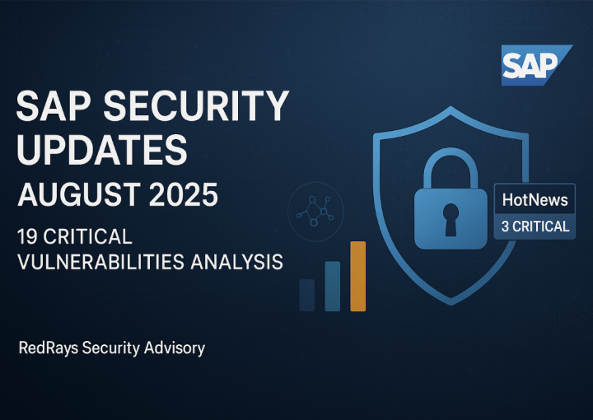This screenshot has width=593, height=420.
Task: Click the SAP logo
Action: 536,65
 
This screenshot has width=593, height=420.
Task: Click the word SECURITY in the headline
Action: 196,105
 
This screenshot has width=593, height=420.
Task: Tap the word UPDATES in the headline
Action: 102,150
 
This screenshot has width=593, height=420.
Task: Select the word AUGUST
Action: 79,194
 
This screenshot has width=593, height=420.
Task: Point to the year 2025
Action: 183,194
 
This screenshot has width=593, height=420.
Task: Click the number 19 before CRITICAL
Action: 27,236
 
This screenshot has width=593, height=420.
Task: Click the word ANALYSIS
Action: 236,262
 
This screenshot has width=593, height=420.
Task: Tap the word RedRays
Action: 49,348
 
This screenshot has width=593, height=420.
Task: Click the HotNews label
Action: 535,200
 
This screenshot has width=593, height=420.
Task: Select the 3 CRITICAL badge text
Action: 535,226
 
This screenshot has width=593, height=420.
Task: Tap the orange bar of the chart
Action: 357,277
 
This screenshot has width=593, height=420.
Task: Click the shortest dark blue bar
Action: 306,296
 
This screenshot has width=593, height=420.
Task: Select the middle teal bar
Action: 333,286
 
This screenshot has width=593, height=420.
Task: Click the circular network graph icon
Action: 315,212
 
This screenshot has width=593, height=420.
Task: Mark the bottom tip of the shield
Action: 451,305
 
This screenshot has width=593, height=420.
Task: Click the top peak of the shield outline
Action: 451,107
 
